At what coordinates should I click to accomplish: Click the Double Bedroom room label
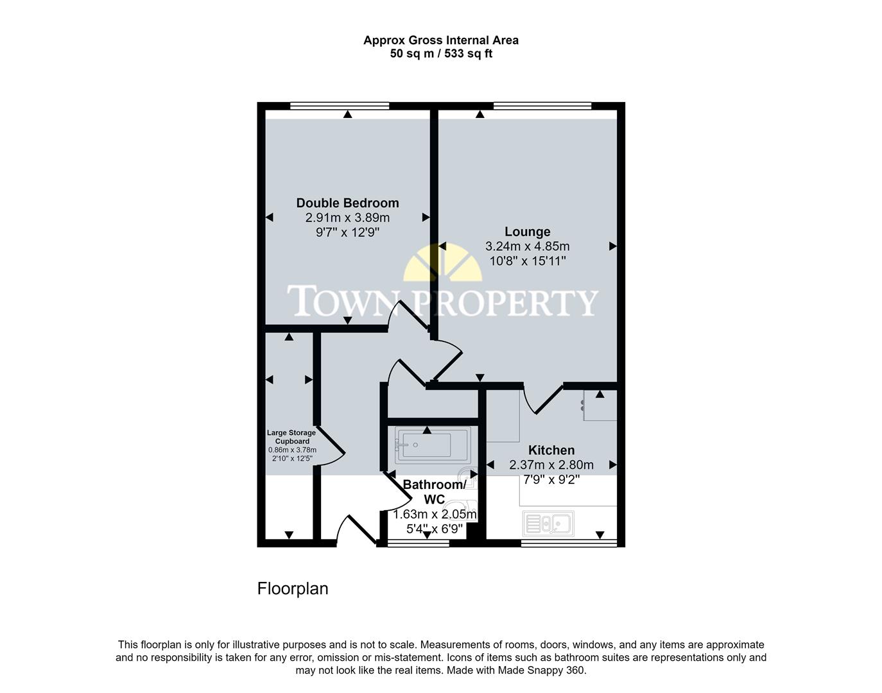pos(347,203)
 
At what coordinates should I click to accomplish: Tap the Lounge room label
pos(527,232)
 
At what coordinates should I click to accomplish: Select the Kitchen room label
pos(551,450)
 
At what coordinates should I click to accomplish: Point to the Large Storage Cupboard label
pos(291,437)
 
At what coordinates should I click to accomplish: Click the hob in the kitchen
pos(600,405)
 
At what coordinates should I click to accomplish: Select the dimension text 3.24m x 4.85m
pos(527,246)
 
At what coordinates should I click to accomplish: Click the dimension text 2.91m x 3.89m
pos(347,218)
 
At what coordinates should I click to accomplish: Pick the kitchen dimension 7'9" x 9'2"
pos(551,479)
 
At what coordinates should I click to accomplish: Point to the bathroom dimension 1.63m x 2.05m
pos(435,515)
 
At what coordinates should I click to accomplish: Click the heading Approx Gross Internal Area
pos(441,40)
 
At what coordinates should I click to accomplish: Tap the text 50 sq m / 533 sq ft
pos(441,54)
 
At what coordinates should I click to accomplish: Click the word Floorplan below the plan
pos(293,588)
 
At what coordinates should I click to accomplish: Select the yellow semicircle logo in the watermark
pos(442,263)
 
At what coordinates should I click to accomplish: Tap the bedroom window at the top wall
pos(340,106)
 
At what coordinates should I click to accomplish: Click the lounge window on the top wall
pos(542,106)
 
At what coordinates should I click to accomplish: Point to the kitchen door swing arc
pos(539,400)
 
